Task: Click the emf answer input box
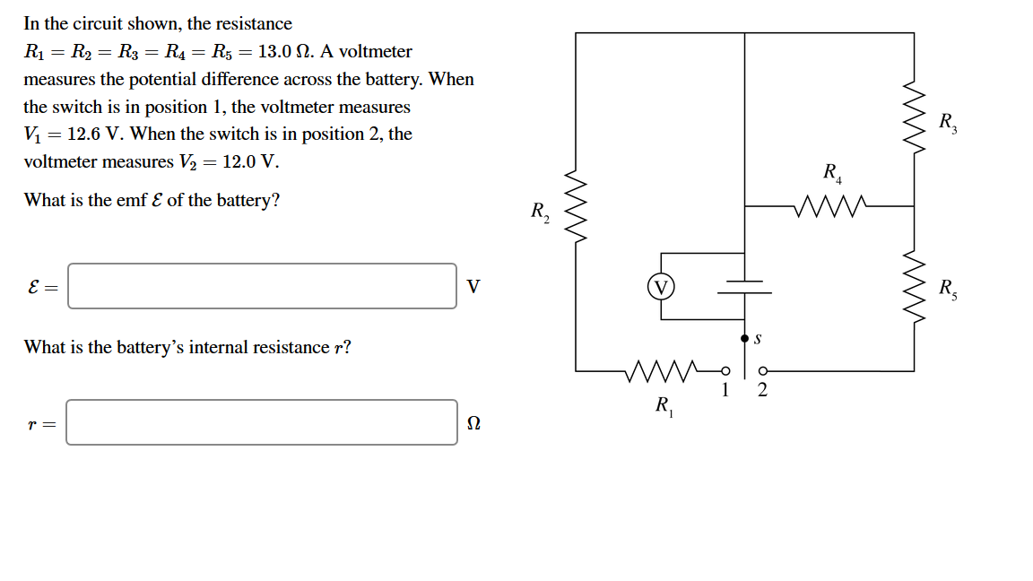click(262, 286)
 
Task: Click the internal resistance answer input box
click(262, 422)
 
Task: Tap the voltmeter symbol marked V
click(661, 287)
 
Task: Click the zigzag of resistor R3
click(914, 119)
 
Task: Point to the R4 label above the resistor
click(832, 172)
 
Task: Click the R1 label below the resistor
click(664, 406)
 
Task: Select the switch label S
click(759, 339)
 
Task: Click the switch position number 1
click(725, 389)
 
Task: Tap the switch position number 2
click(762, 389)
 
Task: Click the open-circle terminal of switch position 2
click(763, 370)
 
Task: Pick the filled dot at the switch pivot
click(744, 339)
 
